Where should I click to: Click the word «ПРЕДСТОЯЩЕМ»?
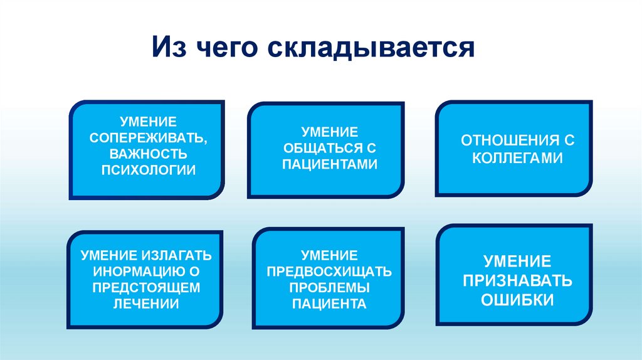pyautogui.click(x=145, y=288)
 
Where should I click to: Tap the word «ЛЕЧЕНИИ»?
pyautogui.click(x=145, y=304)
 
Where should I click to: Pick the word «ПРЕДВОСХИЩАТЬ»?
pyautogui.click(x=329, y=272)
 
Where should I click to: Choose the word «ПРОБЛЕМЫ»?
pyautogui.click(x=329, y=288)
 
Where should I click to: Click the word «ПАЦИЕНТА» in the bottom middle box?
pyautogui.click(x=329, y=304)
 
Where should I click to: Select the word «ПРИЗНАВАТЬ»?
pyautogui.click(x=517, y=280)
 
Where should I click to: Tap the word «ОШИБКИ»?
pyautogui.click(x=517, y=300)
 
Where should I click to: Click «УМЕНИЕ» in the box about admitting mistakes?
pyautogui.click(x=517, y=261)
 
